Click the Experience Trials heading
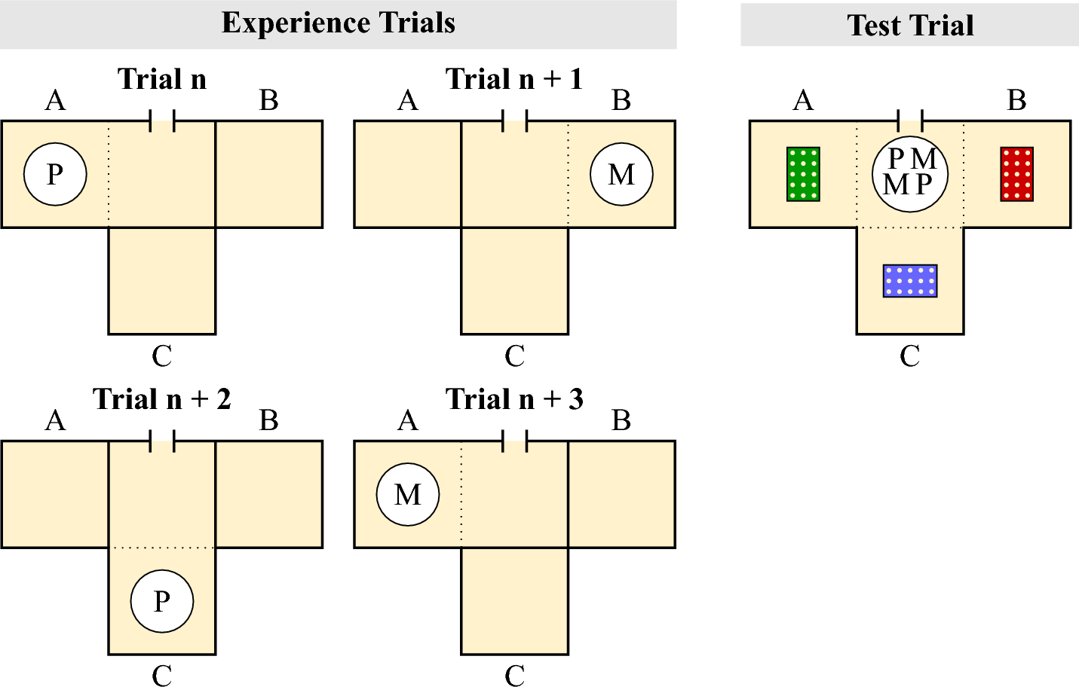338,23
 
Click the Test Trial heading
909,26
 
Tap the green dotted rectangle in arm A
803,174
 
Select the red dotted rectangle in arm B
1016,174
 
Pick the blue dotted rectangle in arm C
910,281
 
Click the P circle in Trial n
55,174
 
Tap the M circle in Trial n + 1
621,174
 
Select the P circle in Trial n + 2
162,601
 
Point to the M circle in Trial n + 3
408,494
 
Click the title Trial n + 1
514,79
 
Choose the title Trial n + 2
162,399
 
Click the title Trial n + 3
514,399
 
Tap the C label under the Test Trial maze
910,356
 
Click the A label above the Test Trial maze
803,100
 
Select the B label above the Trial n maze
268,100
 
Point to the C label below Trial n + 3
514,676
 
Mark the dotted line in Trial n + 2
162,548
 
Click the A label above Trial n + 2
55,420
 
